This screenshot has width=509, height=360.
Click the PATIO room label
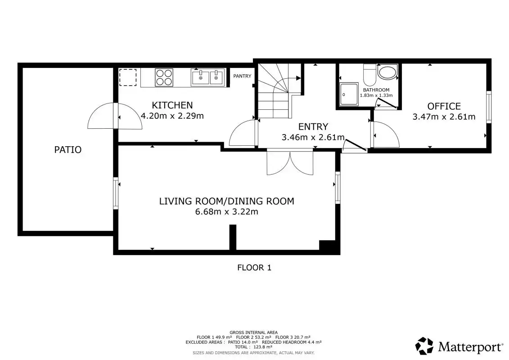tap(68, 150)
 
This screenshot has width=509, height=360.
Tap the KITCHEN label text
tap(172, 105)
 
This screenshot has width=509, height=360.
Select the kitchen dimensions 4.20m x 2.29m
tap(172, 116)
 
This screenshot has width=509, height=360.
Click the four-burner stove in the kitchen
tap(164, 77)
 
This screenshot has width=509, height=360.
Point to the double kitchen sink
tap(208, 77)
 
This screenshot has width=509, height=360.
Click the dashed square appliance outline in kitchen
tap(128, 77)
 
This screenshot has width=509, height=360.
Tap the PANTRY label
tap(242, 76)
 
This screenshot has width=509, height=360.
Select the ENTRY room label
tap(313, 126)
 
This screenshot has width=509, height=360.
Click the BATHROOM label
tap(376, 90)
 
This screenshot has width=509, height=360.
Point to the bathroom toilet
tap(370, 74)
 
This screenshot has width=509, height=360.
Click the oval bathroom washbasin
tap(387, 73)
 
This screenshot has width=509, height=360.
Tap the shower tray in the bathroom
tap(349, 94)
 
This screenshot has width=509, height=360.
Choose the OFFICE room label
tap(444, 107)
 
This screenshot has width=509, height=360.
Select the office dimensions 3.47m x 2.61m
tap(444, 117)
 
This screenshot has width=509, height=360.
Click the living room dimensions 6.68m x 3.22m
tap(226, 212)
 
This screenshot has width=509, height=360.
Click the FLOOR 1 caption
tap(254, 268)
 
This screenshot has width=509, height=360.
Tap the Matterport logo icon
tap(424, 346)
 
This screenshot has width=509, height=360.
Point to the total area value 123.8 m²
tap(263, 347)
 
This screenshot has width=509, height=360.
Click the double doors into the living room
tap(290, 162)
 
